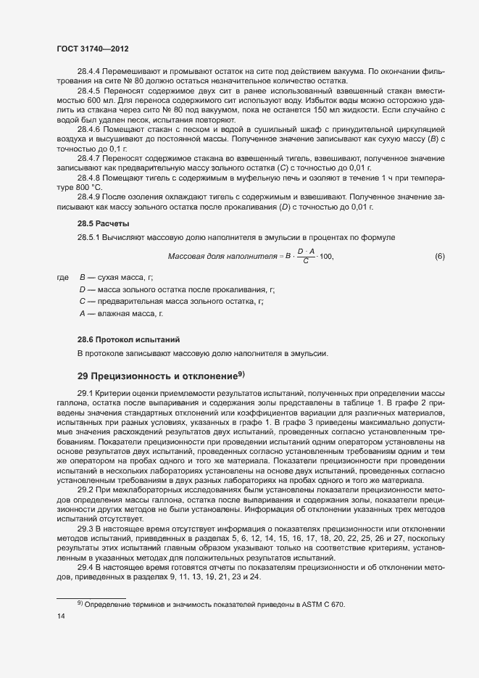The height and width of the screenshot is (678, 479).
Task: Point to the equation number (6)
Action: point(439,256)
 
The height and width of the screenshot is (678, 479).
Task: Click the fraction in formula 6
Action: point(305,256)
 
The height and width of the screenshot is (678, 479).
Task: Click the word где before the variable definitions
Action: point(62,278)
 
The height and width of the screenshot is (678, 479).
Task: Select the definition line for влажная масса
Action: point(122,313)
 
